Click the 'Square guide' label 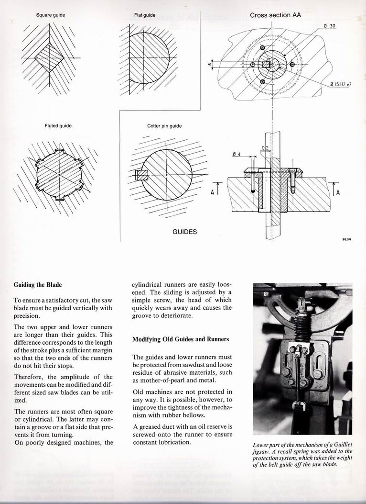click(x=51, y=15)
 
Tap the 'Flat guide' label click(x=145, y=15)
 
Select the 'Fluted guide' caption click(x=58, y=125)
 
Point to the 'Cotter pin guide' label click(x=164, y=126)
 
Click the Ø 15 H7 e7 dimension click(x=341, y=84)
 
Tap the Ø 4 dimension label click(x=236, y=154)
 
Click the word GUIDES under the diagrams click(x=184, y=232)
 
